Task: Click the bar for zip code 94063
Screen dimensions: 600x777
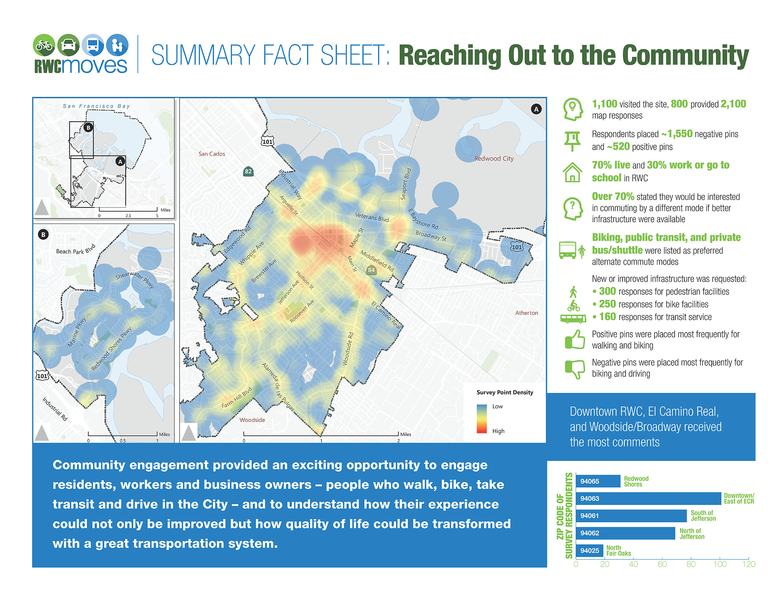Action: tap(648, 498)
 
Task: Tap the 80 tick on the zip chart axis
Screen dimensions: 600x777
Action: tap(691, 564)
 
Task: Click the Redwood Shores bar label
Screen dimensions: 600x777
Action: tap(636, 481)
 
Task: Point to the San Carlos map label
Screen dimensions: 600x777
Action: tap(212, 154)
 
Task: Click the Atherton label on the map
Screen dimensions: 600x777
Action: tap(527, 313)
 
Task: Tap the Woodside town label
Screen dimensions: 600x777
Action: tap(252, 420)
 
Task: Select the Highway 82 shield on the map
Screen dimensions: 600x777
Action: tap(248, 171)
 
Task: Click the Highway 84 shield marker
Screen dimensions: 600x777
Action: tap(371, 270)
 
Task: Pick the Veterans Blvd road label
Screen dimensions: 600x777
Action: tap(372, 217)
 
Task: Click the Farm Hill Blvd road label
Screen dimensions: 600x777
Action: tap(237, 399)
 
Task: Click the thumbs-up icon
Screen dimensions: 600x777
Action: tap(575, 340)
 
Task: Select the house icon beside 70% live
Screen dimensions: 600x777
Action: tap(572, 172)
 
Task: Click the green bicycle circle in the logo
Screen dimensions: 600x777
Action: tap(44, 45)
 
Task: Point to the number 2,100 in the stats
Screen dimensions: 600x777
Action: tap(733, 104)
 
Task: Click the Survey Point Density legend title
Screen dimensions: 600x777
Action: tap(505, 392)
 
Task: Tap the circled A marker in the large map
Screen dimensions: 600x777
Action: tap(536, 109)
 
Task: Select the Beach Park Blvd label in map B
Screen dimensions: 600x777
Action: tap(75, 250)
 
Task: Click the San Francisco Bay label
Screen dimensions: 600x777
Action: tap(96, 106)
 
